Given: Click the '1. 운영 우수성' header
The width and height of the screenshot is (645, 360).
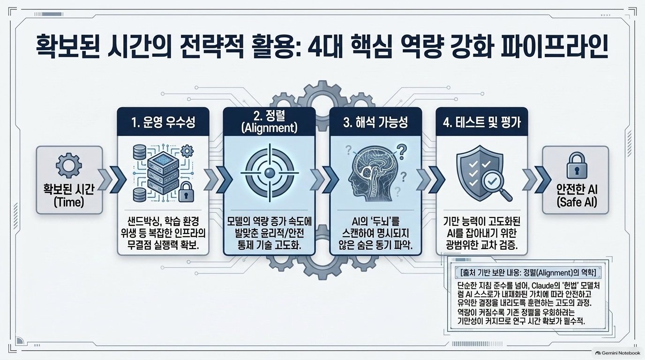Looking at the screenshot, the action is click(x=163, y=123).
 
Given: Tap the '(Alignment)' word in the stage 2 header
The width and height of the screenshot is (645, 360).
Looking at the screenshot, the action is click(x=269, y=127).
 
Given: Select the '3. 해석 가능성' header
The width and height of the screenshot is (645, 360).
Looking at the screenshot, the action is click(x=376, y=123).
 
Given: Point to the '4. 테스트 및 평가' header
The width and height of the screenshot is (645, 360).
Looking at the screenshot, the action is click(x=482, y=123).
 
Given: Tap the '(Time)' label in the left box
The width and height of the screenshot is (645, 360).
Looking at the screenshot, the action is click(x=69, y=202).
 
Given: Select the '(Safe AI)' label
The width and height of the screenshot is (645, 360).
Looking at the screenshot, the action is click(x=577, y=202).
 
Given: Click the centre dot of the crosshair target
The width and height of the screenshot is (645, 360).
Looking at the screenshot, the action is click(x=269, y=173).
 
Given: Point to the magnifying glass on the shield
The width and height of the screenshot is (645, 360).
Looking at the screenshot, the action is click(x=496, y=185).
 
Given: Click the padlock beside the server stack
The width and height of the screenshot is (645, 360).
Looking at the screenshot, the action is click(x=186, y=192).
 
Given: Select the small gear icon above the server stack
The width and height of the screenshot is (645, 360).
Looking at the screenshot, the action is click(x=188, y=150).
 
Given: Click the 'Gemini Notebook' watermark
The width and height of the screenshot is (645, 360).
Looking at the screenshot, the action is click(x=618, y=353).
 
